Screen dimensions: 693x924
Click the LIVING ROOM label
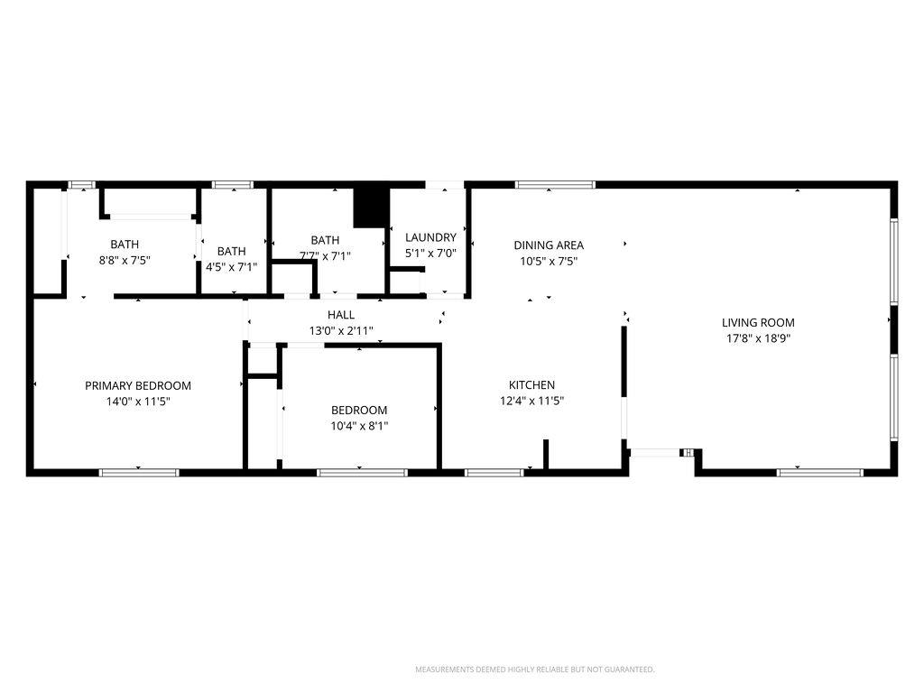click(x=758, y=322)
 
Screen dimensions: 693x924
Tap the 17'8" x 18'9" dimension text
click(x=758, y=338)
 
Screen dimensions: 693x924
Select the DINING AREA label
click(x=549, y=245)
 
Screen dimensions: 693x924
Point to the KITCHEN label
click(x=531, y=384)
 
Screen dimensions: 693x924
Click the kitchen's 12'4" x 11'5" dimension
click(x=531, y=401)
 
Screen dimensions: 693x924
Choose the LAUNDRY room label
click(x=430, y=237)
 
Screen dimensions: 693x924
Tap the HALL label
click(x=341, y=315)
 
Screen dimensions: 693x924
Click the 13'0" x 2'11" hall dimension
click(x=341, y=331)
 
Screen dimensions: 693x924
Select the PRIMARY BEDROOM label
click(x=138, y=385)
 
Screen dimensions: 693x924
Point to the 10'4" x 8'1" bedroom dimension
click(x=359, y=426)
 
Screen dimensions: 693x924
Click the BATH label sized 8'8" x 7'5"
click(x=125, y=244)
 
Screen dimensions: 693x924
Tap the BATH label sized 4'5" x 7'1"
click(x=231, y=251)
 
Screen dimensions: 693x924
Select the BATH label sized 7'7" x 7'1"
click(x=325, y=240)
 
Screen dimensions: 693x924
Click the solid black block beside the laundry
click(x=369, y=208)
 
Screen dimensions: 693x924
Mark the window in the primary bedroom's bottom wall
click(x=139, y=472)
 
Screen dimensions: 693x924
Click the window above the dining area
click(x=555, y=185)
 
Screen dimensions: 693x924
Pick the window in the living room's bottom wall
click(x=820, y=472)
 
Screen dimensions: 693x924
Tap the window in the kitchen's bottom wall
click(x=494, y=472)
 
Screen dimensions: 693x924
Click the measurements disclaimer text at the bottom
click(x=534, y=670)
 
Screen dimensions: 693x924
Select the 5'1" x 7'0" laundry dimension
click(x=430, y=254)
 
